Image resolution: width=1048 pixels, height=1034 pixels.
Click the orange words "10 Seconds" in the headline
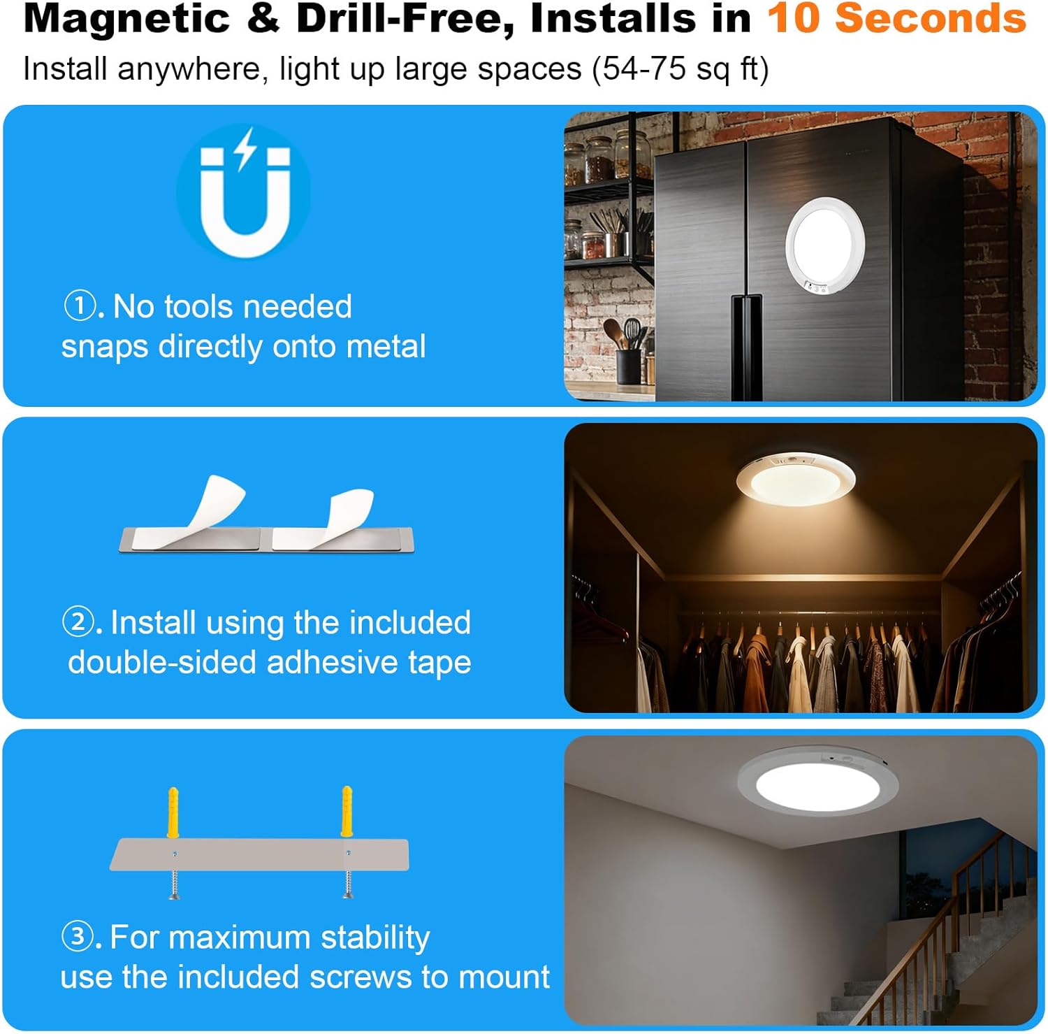pyautogui.click(x=896, y=18)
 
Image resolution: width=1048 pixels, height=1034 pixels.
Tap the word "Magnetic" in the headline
pyautogui.click(x=126, y=20)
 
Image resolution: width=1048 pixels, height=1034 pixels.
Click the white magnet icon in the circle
pyautogui.click(x=245, y=192)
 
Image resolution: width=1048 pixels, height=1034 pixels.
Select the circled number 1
pyautogui.click(x=79, y=306)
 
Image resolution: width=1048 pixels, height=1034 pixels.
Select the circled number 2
pyautogui.click(x=78, y=622)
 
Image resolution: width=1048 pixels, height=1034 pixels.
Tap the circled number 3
pyautogui.click(x=78, y=937)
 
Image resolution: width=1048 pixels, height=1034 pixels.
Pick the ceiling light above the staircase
pyautogui.click(x=817, y=783)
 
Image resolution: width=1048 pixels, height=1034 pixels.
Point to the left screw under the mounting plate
pyautogui.click(x=174, y=884)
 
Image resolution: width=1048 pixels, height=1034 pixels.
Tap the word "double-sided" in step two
pyautogui.click(x=162, y=662)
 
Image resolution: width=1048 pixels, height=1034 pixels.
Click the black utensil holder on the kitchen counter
pyautogui.click(x=628, y=366)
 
